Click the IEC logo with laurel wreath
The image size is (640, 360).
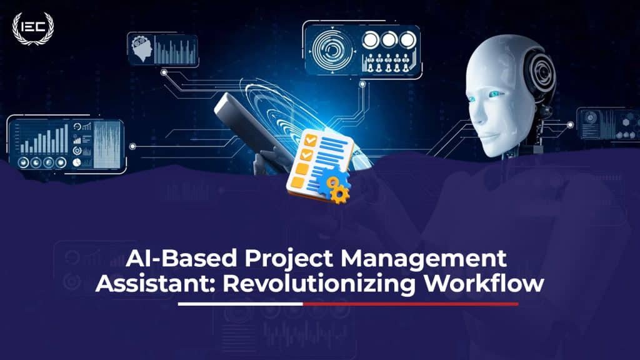tap(33, 28)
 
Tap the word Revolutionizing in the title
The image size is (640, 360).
tap(319, 284)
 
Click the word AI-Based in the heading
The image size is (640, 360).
tap(181, 258)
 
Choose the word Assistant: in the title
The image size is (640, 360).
tap(156, 283)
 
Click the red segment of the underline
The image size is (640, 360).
tap(411, 304)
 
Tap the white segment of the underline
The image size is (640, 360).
tap(241, 304)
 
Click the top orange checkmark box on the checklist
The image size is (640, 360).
tap(311, 141)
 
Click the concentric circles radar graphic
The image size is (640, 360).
tap(332, 50)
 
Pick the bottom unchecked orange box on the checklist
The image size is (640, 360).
tap(297, 182)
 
